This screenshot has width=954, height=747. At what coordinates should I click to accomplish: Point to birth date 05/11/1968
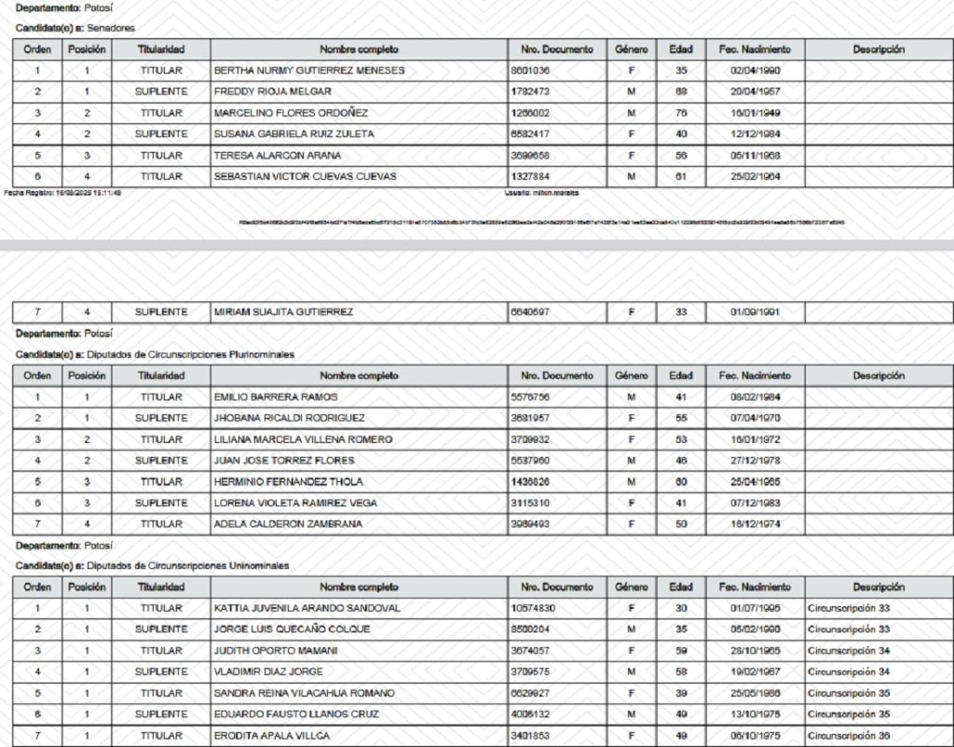click(755, 155)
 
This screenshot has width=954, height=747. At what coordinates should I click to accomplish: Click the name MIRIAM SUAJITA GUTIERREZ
click(283, 311)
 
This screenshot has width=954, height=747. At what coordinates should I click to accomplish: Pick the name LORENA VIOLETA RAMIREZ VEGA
click(296, 503)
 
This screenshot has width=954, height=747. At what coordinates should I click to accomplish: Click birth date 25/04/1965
click(755, 481)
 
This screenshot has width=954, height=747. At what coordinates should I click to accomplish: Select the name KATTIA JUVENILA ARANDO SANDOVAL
click(307, 608)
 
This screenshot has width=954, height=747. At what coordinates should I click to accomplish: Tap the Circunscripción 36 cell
click(849, 736)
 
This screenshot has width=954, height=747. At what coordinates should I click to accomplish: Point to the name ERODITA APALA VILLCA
click(272, 736)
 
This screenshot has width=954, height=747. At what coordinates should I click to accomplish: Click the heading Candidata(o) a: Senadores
click(76, 28)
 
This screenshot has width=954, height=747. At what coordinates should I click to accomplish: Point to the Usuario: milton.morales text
click(539, 192)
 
